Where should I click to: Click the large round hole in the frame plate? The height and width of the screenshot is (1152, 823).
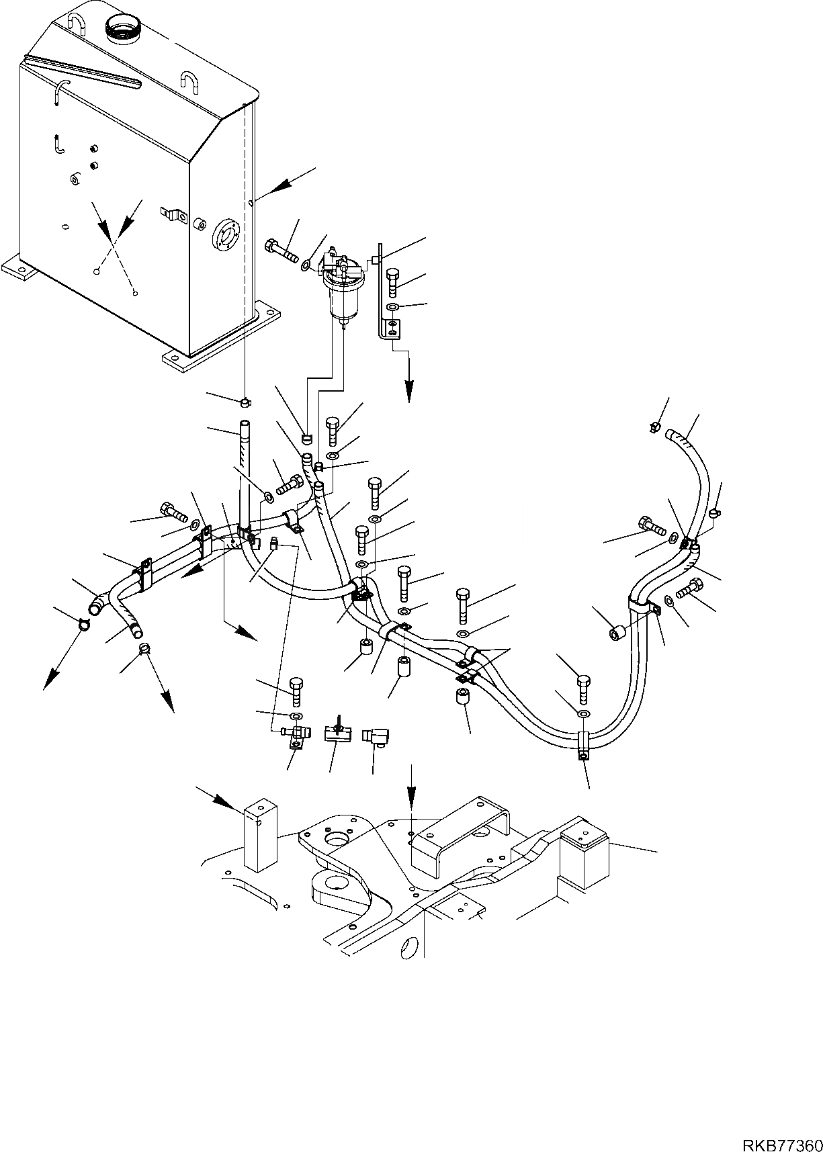pyautogui.click(x=334, y=838)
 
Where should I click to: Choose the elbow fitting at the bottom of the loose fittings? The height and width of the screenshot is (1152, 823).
pyautogui.click(x=373, y=738)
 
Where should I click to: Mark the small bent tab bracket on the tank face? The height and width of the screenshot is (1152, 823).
pyautogui.click(x=175, y=215)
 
